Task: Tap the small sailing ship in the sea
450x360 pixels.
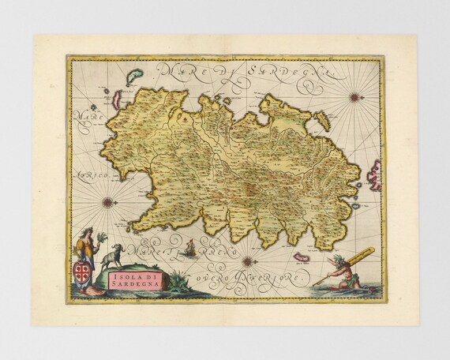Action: (x=189, y=251)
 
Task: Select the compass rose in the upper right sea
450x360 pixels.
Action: (x=354, y=97)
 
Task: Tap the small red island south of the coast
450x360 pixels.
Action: (x=302, y=257)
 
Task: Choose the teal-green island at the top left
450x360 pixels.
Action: (x=133, y=77)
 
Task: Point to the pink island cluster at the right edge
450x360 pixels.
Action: (x=373, y=175)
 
